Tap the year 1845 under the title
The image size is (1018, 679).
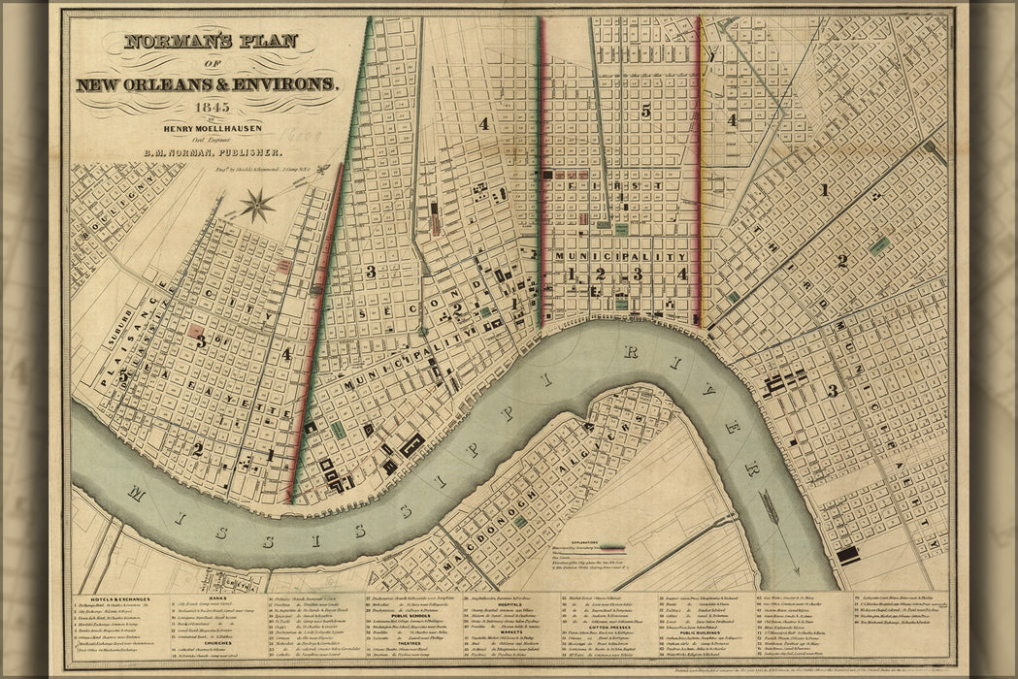coord(210,107)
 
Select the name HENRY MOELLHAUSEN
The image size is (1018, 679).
coord(210,123)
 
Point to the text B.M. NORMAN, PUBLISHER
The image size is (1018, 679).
coord(213,152)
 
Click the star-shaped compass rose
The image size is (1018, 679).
coord(257,205)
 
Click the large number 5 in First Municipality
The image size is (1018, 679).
coord(645,112)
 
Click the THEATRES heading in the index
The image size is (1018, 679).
coord(405,640)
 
